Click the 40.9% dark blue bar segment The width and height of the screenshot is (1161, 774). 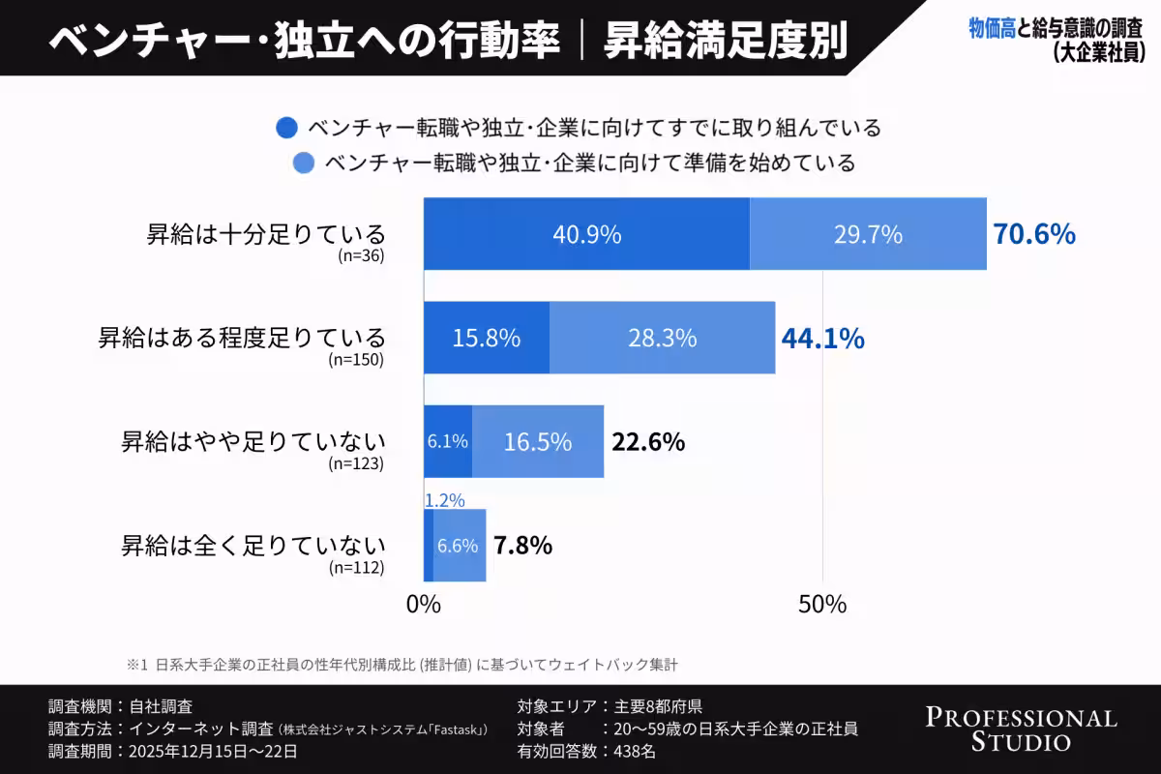point(586,234)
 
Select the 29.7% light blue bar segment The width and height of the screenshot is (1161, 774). point(868,234)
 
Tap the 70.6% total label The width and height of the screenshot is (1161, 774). point(1034,234)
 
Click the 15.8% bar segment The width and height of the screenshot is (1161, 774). point(487,338)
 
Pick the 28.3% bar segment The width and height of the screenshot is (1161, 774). point(663,338)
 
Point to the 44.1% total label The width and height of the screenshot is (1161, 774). point(823,339)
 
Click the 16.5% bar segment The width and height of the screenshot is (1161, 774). point(538,441)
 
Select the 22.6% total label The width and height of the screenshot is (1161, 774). point(648,442)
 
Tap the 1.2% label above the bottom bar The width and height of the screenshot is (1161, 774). point(444,501)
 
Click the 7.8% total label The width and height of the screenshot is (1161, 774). point(523,546)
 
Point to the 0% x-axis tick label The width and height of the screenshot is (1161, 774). point(424,605)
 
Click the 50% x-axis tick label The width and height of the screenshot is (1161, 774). point(822,605)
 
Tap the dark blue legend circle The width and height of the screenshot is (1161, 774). point(286,128)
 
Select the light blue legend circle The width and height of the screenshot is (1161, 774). point(304,163)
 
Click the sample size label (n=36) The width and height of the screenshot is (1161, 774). point(361,256)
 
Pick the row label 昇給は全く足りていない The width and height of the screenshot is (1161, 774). point(253,544)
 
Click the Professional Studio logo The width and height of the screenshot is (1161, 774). point(1021,729)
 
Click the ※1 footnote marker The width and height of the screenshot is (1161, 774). point(134,665)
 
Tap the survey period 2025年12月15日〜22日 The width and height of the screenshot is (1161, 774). point(206,751)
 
